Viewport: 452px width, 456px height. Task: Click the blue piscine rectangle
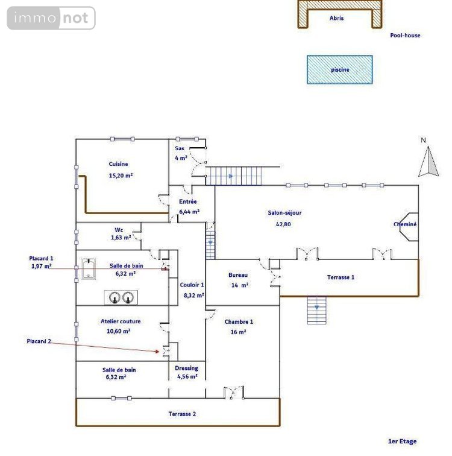(x=339, y=69)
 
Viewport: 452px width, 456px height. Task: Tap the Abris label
(x=337, y=19)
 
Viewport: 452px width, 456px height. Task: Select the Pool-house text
(x=405, y=36)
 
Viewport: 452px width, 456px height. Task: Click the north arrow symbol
(x=428, y=162)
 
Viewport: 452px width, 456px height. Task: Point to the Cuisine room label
(x=118, y=164)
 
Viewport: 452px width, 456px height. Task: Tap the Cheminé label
(x=405, y=224)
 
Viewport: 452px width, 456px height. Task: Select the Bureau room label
(x=238, y=275)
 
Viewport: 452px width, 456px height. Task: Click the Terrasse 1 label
(x=341, y=277)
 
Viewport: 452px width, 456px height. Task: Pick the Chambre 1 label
(x=239, y=321)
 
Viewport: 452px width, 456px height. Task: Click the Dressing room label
(x=186, y=368)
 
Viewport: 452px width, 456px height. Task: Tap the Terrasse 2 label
(x=181, y=414)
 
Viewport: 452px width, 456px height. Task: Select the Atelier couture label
(x=121, y=321)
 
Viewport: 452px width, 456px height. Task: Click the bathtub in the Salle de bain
(x=89, y=270)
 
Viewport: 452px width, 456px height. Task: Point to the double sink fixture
(x=121, y=297)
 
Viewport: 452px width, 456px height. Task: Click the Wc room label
(x=119, y=230)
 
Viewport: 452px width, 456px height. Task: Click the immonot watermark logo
(x=51, y=18)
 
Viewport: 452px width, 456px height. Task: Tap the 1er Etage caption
(x=402, y=442)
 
